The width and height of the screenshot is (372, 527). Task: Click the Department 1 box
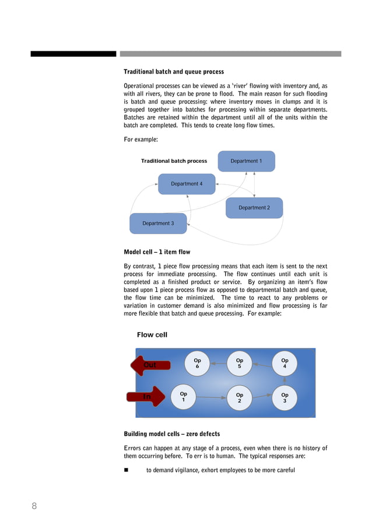click(x=246, y=161)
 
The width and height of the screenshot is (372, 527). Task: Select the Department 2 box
click(x=254, y=208)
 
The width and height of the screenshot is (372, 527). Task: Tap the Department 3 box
click(x=158, y=224)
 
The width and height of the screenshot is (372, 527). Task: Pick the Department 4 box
click(x=187, y=184)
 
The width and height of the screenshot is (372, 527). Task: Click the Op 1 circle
click(x=184, y=397)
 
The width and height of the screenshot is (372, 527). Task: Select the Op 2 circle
click(x=240, y=397)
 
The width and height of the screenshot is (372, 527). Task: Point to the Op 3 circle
click(x=285, y=397)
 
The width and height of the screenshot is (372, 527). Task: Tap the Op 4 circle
click(x=285, y=363)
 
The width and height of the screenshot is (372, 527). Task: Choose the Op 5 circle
click(x=240, y=363)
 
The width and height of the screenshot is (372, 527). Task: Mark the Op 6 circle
click(x=197, y=363)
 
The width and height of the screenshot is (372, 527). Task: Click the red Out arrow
click(x=150, y=365)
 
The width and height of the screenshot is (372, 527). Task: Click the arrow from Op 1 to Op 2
click(x=212, y=397)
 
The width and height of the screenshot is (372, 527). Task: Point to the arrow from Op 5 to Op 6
click(x=218, y=364)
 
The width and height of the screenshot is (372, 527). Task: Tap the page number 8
click(x=34, y=506)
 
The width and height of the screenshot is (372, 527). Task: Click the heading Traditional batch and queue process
click(x=174, y=72)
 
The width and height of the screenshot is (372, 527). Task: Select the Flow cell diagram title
click(x=152, y=335)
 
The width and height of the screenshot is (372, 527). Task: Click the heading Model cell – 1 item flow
click(x=157, y=253)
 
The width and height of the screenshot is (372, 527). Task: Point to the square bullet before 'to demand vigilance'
click(x=127, y=470)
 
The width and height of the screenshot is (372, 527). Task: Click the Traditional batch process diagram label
click(x=174, y=161)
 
